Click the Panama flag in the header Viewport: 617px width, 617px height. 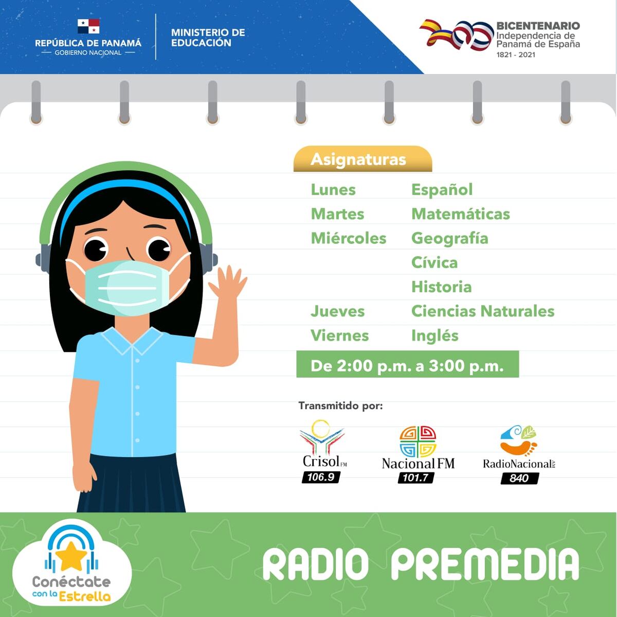[x=88, y=27]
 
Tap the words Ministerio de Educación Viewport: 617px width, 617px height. [x=208, y=38]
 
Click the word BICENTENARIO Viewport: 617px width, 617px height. [x=538, y=25]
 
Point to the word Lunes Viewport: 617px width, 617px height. [x=333, y=189]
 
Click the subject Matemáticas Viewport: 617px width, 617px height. [x=461, y=214]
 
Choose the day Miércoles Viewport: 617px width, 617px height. [x=349, y=238]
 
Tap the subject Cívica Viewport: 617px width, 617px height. [x=434, y=262]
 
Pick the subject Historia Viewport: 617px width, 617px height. [x=442, y=287]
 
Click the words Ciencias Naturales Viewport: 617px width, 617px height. [x=483, y=311]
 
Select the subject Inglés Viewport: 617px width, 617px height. [x=435, y=336]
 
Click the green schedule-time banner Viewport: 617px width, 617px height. [x=407, y=365]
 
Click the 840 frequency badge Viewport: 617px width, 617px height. [x=519, y=478]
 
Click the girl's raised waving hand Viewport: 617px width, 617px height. [x=230, y=284]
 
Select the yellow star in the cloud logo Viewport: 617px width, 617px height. [x=71, y=557]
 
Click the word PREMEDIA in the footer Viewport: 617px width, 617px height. [x=485, y=565]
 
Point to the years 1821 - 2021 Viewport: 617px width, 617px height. [x=516, y=55]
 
